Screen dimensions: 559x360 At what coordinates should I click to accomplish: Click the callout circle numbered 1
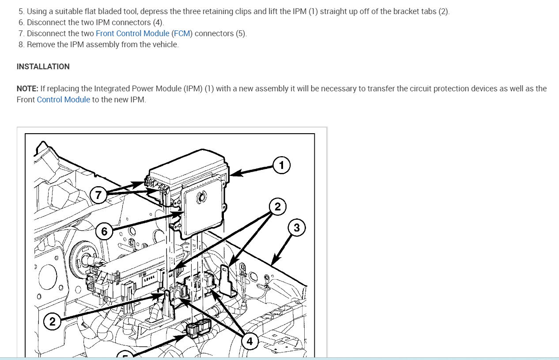tap(281, 165)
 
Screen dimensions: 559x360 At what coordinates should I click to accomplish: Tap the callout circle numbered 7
tap(98, 195)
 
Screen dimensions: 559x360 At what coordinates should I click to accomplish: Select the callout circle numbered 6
tap(104, 232)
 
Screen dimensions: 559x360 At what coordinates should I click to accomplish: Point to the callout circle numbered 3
tap(297, 228)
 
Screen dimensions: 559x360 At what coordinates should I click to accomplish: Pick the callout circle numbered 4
tap(249, 341)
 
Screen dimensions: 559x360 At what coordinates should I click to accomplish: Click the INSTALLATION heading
tap(43, 67)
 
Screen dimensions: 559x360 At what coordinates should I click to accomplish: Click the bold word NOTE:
tap(27, 89)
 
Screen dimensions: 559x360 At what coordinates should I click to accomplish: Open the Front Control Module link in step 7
tap(132, 34)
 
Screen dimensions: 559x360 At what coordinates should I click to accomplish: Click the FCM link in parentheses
tap(181, 34)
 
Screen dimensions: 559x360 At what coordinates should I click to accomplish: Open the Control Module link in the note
tap(64, 100)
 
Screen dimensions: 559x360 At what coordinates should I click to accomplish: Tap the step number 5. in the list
tap(22, 11)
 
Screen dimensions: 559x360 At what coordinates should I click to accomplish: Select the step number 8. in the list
tap(22, 45)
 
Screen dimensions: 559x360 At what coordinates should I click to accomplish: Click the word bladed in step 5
tap(97, 11)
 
